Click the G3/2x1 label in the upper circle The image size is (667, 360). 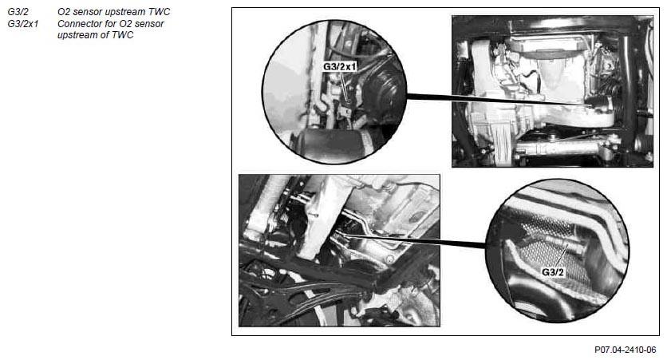click(339, 67)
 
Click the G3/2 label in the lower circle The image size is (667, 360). click(553, 272)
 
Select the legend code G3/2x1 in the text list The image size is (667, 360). click(23, 24)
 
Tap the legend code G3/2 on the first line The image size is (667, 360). click(18, 12)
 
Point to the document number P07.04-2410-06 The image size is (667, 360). click(625, 350)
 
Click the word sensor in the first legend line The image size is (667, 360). click(87, 12)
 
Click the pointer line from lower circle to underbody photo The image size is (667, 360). click(415, 239)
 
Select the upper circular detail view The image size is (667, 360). click(334, 92)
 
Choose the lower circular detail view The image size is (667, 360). click(557, 251)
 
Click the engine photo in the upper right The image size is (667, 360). click(553, 91)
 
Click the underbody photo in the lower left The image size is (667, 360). click(339, 251)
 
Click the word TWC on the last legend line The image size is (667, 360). click(123, 35)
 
